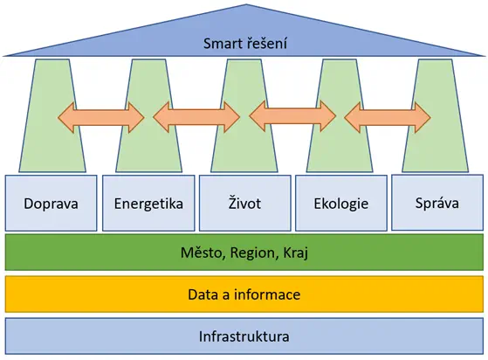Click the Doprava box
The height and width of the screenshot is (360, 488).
[x=51, y=203]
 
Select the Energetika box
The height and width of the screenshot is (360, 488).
[x=148, y=203]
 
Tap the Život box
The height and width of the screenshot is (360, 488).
[x=245, y=203]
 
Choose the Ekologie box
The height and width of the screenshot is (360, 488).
[x=341, y=203]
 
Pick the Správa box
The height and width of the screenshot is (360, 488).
[x=437, y=203]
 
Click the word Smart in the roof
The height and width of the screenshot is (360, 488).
[x=223, y=44]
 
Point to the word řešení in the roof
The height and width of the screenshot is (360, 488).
[x=267, y=43]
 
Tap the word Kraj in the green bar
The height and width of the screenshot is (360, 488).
[x=296, y=253]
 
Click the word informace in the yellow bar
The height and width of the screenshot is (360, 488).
[x=267, y=294]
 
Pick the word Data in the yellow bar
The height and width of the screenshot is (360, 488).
[x=203, y=294]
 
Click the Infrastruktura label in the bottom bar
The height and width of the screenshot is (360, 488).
[x=244, y=336]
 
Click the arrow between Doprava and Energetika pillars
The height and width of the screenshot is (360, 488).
[x=101, y=118]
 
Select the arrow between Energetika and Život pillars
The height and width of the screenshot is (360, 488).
[x=196, y=117]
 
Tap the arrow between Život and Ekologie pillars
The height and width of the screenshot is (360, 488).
[x=292, y=117]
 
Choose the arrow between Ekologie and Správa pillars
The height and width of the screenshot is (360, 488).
[x=388, y=117]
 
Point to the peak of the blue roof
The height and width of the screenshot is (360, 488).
[x=246, y=4]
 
